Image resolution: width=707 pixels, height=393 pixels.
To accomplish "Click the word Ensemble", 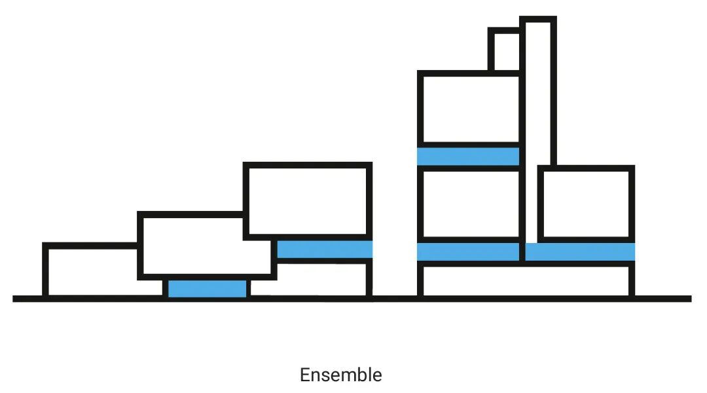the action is point(341,375).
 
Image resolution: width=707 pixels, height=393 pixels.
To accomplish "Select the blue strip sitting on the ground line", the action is point(208,288).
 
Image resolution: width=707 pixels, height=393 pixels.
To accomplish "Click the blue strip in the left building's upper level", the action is point(325,249).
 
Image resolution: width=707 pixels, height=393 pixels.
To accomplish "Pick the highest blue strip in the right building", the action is point(468,156).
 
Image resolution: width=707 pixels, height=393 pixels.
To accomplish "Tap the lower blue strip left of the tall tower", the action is point(468,252).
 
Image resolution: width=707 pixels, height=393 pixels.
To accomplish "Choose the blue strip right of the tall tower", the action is point(580,252).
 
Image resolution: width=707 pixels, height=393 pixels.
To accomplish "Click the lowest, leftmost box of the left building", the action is point(45,271).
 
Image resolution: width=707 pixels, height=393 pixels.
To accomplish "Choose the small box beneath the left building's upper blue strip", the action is point(369,279).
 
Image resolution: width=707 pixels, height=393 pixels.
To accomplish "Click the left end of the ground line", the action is point(13,299).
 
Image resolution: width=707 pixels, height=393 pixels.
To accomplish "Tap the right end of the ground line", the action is point(691,299).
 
